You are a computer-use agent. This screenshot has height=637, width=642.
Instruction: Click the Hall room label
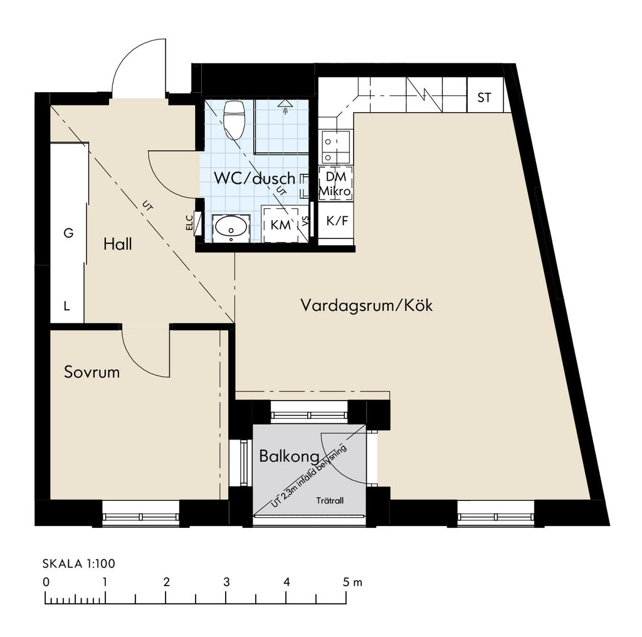click(117, 244)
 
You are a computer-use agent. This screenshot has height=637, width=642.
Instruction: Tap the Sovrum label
click(92, 372)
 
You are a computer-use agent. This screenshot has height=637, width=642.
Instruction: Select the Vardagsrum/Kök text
click(366, 305)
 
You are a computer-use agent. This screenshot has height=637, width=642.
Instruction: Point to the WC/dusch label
click(255, 179)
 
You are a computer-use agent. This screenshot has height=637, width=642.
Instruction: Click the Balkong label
click(289, 456)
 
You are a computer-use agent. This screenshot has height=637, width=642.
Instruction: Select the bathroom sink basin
click(231, 227)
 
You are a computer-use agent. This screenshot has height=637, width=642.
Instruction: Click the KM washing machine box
click(281, 224)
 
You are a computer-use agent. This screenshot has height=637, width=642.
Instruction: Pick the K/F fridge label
click(337, 221)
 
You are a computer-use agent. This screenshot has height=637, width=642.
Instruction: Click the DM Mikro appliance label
click(335, 184)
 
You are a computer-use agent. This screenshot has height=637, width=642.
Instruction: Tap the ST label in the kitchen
click(485, 98)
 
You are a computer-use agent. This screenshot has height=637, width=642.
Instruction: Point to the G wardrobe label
click(68, 233)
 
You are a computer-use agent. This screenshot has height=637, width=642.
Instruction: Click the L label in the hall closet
click(66, 306)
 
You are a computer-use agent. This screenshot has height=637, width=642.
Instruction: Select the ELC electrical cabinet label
click(190, 223)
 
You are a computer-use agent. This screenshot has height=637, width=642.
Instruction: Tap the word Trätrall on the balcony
click(330, 500)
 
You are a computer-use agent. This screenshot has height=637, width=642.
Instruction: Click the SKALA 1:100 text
click(78, 564)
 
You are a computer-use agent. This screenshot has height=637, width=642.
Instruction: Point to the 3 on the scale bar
click(226, 582)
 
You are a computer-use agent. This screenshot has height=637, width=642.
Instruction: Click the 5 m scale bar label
click(352, 582)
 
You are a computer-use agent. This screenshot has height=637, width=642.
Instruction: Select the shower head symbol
click(287, 104)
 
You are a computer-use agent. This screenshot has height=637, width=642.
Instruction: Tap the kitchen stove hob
click(335, 147)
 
